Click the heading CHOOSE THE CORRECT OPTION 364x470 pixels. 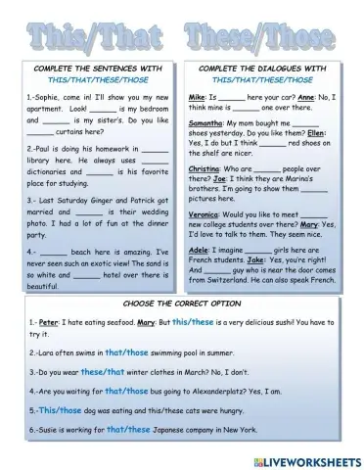tap(182, 305)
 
